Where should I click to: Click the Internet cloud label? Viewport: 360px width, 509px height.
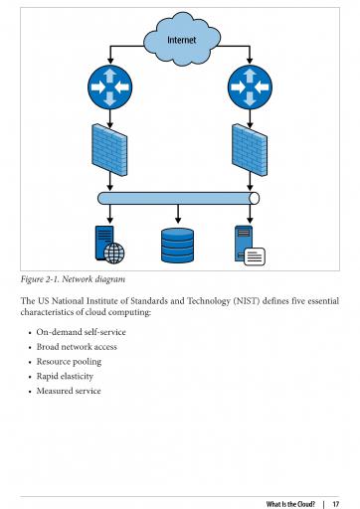coord(181,40)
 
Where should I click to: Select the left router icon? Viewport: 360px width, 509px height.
coord(110,87)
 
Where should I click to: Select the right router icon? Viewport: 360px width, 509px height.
coord(250,87)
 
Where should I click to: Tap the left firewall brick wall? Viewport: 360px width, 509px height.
coord(109,150)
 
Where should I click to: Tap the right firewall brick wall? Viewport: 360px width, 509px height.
coord(250,150)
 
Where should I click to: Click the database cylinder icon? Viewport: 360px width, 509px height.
coord(178,246)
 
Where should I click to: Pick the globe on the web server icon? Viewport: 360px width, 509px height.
coord(114,254)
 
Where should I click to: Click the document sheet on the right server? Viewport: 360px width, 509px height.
coord(255,256)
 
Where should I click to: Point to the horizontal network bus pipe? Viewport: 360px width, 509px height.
coord(178,198)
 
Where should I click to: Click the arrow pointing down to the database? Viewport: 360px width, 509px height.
coord(178,214)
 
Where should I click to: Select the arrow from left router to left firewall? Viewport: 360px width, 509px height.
coord(110,119)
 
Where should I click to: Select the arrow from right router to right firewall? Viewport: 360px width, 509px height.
coord(250,119)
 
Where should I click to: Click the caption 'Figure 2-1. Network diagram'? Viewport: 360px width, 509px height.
coord(73,279)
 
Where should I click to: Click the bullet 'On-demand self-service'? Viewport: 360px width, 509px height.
coord(82,332)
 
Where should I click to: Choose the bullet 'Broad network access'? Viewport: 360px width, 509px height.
coord(77,347)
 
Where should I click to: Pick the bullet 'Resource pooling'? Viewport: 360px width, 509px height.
coord(69,362)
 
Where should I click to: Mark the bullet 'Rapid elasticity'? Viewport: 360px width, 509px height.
coord(65,376)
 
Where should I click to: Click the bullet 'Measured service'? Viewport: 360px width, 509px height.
coord(69,391)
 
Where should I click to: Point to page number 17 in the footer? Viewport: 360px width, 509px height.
coord(336,504)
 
